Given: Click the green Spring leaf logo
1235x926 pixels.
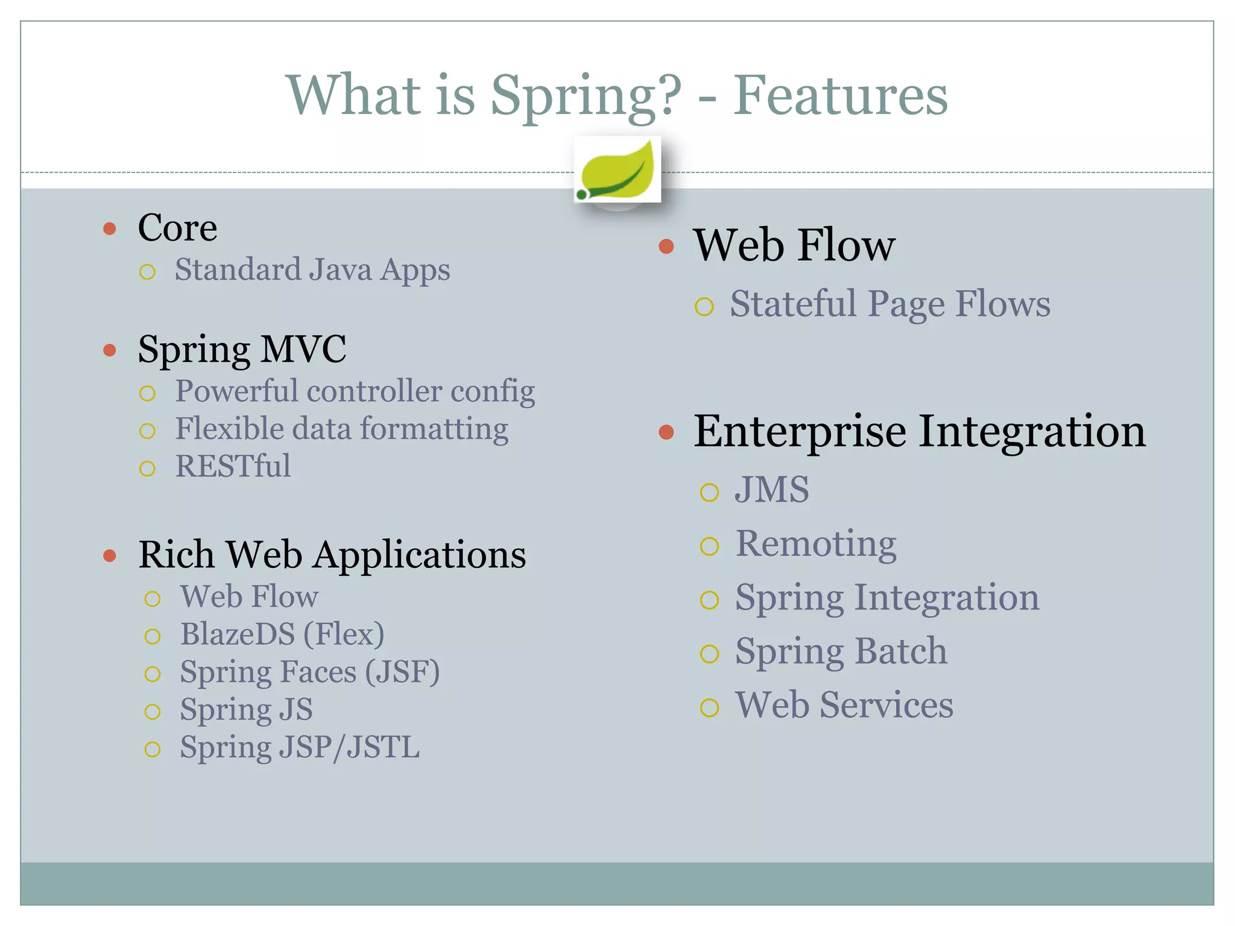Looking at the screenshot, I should [617, 171].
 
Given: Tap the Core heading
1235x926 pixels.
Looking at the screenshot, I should [177, 228].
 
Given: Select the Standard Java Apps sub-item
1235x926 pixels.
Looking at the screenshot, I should [312, 269].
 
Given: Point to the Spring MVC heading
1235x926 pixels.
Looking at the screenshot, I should [242, 349].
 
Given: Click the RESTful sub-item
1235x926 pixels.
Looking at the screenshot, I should [233, 466].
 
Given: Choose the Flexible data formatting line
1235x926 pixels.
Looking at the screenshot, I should [341, 429].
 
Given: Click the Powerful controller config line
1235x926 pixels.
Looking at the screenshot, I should [355, 391].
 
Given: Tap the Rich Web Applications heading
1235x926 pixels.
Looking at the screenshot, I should [332, 555].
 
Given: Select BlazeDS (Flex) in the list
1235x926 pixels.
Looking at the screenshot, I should [282, 634].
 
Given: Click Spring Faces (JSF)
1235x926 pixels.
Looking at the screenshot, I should [309, 672].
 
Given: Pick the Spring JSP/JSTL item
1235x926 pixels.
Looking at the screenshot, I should [300, 748].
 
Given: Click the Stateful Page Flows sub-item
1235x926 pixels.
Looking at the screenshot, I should [889, 304].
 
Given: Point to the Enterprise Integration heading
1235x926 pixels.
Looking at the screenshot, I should [919, 432].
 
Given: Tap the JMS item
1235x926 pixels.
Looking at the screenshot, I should [772, 490].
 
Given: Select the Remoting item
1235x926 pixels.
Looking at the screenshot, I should [815, 544].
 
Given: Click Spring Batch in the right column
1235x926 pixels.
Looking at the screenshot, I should [841, 652].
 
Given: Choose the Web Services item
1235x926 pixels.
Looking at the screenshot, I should [844, 705].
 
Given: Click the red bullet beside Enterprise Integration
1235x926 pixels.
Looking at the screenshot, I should [666, 432].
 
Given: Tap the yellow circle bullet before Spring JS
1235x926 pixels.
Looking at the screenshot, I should [153, 712].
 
